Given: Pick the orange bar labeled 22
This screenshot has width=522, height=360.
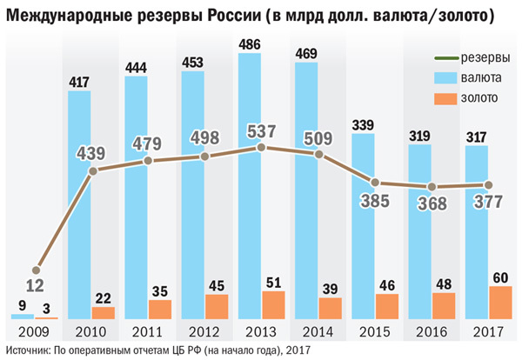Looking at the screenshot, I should pos(103,313).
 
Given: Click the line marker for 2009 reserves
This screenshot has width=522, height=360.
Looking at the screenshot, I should pos(36,270).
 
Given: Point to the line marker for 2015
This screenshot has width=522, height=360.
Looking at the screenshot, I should pos(375,183).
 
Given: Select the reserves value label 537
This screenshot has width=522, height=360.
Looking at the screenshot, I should pos(262,132).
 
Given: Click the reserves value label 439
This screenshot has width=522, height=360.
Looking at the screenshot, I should pos(92,154).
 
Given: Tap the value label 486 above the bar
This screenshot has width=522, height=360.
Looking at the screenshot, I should pos(250,42).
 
